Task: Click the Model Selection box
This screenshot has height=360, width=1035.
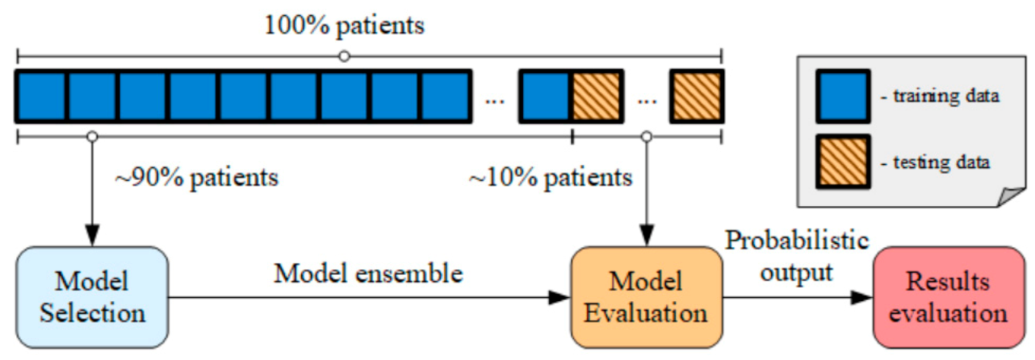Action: tap(92, 297)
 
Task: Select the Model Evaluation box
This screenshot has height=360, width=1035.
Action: tap(646, 297)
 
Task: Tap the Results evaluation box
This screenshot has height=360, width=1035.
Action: tap(948, 297)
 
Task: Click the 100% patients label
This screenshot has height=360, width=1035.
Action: tap(344, 26)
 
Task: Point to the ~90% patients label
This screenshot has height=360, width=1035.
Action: tap(196, 177)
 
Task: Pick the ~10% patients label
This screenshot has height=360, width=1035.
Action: tap(550, 177)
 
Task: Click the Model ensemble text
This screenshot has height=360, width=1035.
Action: tap(368, 274)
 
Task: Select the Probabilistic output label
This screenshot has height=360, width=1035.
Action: tap(796, 256)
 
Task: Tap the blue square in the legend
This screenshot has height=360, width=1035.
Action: tap(843, 96)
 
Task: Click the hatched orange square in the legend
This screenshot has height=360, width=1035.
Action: tap(843, 161)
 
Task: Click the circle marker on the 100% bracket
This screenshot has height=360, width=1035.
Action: tap(345, 56)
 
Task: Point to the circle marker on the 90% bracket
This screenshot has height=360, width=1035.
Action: tap(92, 137)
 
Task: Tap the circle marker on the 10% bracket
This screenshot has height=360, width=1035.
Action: tap(646, 137)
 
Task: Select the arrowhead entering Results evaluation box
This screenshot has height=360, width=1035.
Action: tap(861, 297)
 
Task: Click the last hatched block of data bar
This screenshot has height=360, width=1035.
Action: tap(697, 96)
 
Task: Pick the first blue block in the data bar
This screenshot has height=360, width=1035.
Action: tap(41, 96)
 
